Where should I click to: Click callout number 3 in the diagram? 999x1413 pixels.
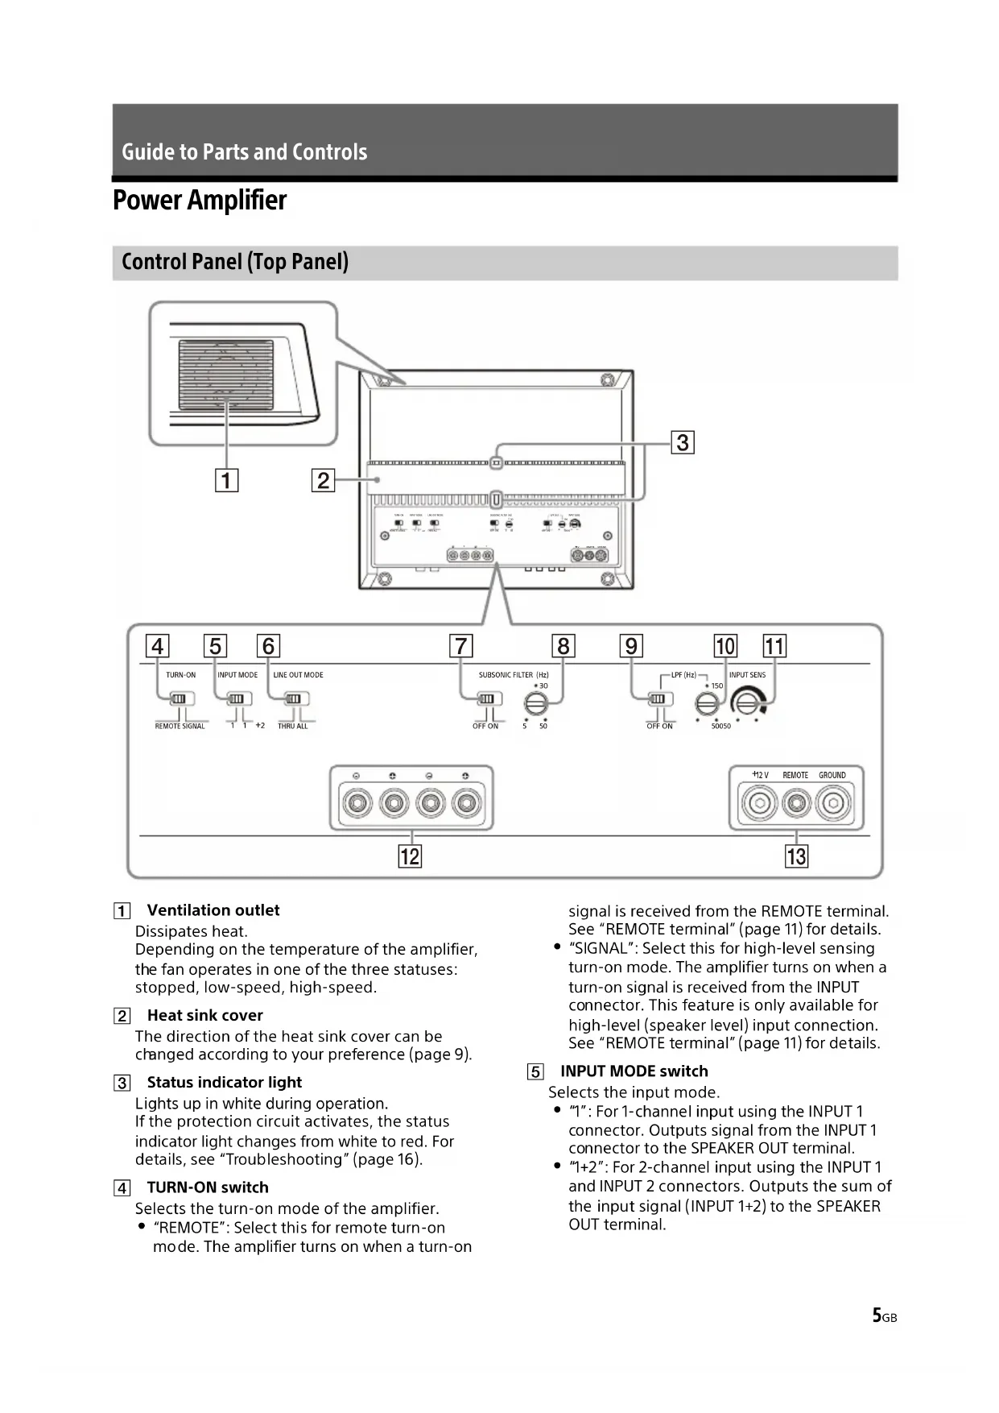(x=683, y=442)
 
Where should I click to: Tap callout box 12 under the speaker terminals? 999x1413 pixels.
(x=410, y=856)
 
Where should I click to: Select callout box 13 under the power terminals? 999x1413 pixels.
(x=796, y=856)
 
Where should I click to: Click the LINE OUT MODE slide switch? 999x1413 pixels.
(x=294, y=699)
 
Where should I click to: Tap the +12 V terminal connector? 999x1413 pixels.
(x=759, y=803)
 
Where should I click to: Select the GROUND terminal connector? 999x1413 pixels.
(x=833, y=803)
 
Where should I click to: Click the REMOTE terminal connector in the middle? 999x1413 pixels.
(x=796, y=803)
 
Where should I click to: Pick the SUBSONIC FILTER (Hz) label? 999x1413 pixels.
(x=514, y=675)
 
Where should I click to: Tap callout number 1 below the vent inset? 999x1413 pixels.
(x=226, y=481)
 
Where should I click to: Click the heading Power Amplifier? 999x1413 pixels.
(x=200, y=201)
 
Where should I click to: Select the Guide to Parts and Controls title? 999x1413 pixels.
(x=245, y=152)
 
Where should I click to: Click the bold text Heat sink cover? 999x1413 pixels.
(x=204, y=1016)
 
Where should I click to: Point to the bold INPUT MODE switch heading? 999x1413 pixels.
(x=634, y=1071)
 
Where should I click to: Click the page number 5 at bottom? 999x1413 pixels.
(x=877, y=1316)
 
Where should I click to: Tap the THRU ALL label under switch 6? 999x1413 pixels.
(x=292, y=727)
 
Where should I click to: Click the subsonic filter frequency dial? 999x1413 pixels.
(x=535, y=703)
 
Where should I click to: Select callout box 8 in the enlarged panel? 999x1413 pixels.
(x=563, y=646)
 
